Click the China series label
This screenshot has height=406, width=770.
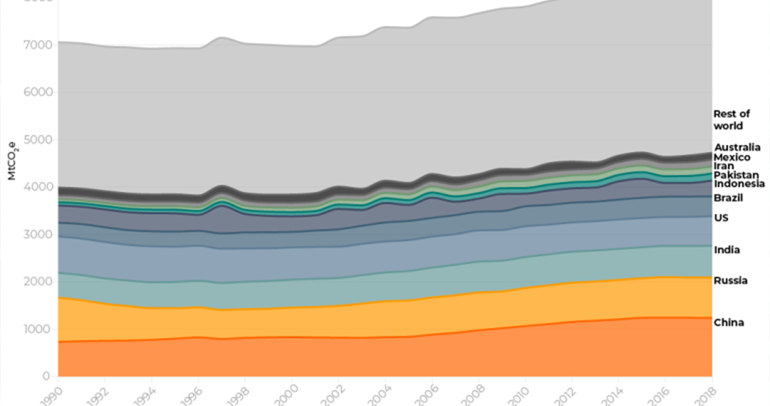[728, 322]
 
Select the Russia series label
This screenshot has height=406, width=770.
[731, 280]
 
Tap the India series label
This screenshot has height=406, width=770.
[727, 250]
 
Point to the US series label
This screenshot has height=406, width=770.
[721, 217]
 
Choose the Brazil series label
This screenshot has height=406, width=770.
[728, 198]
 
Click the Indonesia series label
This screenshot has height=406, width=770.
[739, 183]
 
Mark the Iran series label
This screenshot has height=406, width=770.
[724, 166]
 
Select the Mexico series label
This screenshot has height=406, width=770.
[732, 157]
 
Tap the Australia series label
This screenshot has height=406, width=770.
[737, 147]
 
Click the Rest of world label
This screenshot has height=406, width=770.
[731, 120]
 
